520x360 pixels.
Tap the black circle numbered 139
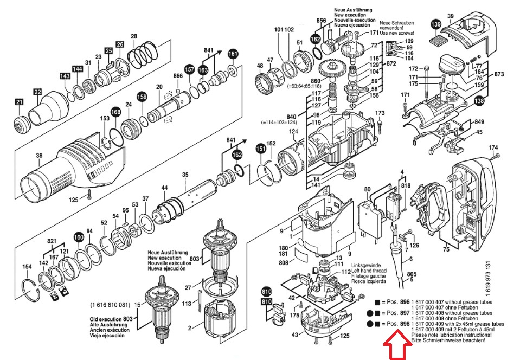pyautogui.click(x=436, y=24)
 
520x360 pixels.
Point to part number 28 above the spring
pyautogui.click(x=134, y=36)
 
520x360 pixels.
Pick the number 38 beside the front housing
pyautogui.click(x=38, y=156)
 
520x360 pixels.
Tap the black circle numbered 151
pyautogui.click(x=260, y=149)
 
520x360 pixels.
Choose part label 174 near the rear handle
pyautogui.click(x=493, y=147)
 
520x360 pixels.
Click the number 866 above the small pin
pyautogui.click(x=178, y=75)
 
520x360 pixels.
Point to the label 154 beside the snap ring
pyautogui.click(x=27, y=266)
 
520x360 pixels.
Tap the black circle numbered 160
pyautogui.click(x=79, y=237)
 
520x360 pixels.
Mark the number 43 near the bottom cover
pyautogui.click(x=295, y=335)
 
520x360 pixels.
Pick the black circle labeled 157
pyautogui.click(x=189, y=69)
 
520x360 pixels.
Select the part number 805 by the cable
pyautogui.click(x=411, y=274)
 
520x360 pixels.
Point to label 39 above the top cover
pyautogui.click(x=450, y=16)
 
